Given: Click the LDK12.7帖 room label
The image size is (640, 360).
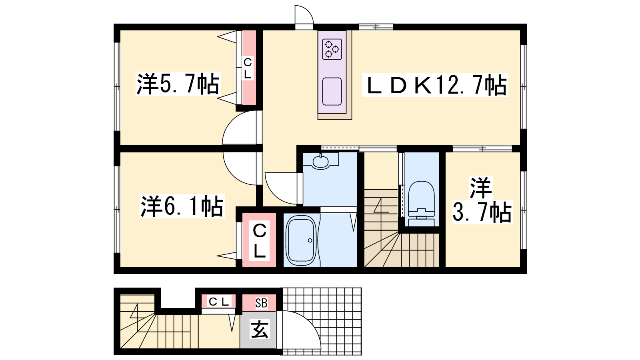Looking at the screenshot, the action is click(435, 85).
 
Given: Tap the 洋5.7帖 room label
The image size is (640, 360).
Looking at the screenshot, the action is click(178, 84).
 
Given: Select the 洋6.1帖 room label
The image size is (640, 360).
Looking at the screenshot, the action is click(182, 206).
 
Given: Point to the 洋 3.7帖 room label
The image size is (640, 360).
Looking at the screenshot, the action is click(482, 200).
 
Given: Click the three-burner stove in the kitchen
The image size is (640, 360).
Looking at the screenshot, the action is click(332, 49).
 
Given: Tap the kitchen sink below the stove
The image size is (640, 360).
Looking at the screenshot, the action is click(332, 92).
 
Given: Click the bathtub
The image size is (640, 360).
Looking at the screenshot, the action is click(302, 241).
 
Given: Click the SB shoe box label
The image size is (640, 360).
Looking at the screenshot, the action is click(261, 303).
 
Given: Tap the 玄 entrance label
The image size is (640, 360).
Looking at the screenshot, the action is click(260, 329).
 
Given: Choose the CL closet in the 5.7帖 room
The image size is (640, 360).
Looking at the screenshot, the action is click(249, 68).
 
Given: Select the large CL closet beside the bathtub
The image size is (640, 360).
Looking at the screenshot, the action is click(259, 240).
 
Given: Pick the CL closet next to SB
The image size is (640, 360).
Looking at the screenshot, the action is click(218, 302).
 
